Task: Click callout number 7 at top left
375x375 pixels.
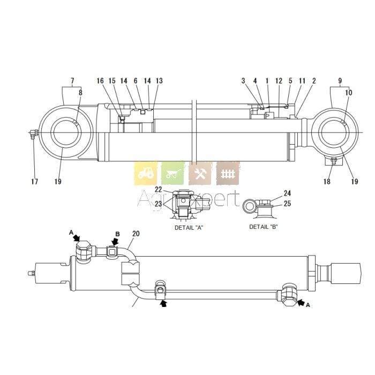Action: click(x=72, y=81)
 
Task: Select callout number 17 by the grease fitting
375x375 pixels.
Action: click(x=34, y=182)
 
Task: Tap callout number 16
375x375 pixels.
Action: click(x=100, y=81)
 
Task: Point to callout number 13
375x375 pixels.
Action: click(x=159, y=81)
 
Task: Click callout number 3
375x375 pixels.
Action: click(x=243, y=81)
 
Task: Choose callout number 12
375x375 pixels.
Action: click(x=279, y=81)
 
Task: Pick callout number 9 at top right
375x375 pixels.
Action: click(x=340, y=81)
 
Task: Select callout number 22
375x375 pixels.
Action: click(x=159, y=190)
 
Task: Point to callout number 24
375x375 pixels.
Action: click(x=287, y=193)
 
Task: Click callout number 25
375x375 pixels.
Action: click(x=287, y=204)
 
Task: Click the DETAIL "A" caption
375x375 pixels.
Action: click(x=189, y=228)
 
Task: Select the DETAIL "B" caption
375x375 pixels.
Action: click(x=264, y=227)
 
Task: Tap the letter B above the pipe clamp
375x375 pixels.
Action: click(x=117, y=235)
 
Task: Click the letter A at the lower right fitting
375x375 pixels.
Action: click(x=307, y=304)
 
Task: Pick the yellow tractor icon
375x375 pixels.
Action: click(x=145, y=173)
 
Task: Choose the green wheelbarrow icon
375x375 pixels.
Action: click(x=173, y=173)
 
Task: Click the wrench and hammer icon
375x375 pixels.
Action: click(x=200, y=173)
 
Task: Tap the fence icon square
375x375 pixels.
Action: click(x=228, y=173)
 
